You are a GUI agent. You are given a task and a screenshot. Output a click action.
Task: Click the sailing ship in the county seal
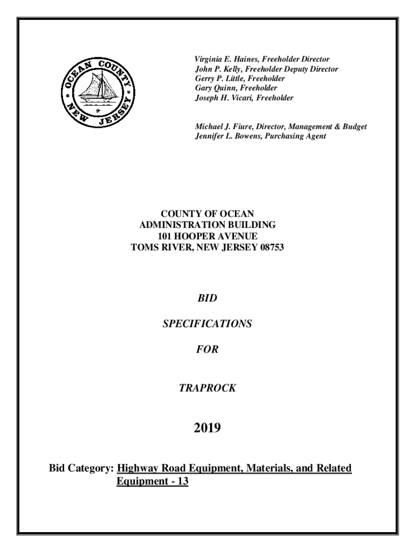(97, 89)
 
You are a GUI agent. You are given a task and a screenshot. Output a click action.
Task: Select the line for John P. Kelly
(266, 68)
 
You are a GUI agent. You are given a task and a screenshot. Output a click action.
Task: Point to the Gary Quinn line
(236, 88)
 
